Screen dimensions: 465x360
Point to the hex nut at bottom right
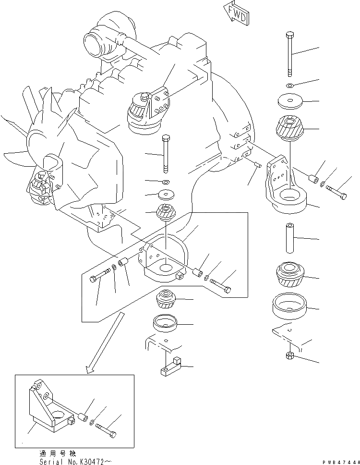coord(290,356)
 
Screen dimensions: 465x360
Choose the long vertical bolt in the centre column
coord(166,154)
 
